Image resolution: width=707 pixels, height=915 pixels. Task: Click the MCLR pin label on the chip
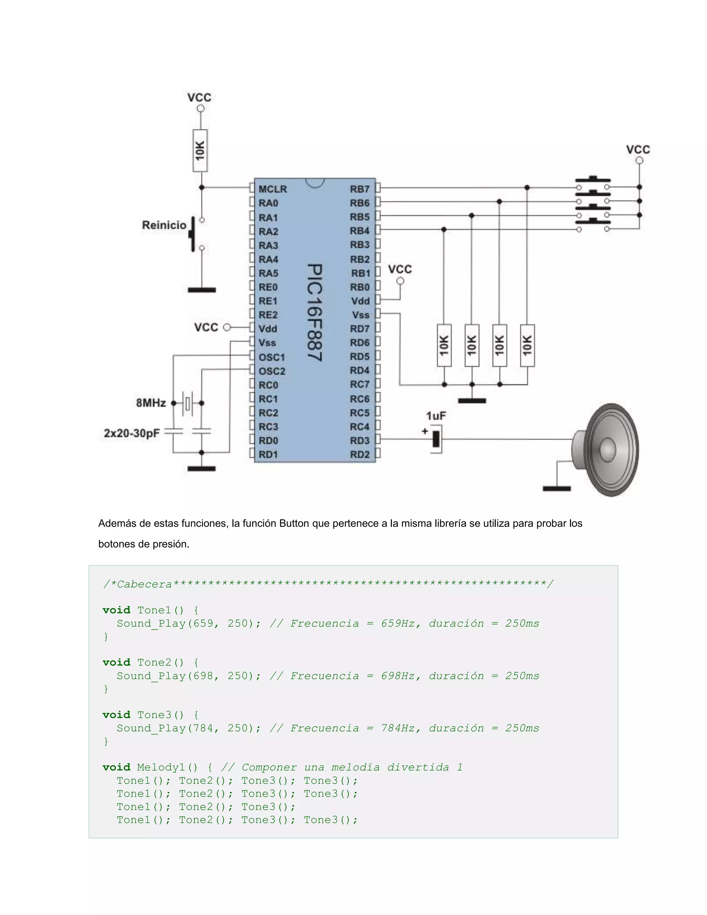[273, 189]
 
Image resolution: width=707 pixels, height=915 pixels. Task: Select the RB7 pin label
[360, 189]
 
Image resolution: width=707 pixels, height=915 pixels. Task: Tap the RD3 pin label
[360, 440]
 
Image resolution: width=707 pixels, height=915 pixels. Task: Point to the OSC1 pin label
[271, 357]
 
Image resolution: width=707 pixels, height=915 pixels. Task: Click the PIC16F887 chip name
[314, 312]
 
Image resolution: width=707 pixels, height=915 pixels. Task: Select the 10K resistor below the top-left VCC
[200, 151]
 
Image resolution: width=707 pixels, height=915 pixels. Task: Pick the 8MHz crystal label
[151, 403]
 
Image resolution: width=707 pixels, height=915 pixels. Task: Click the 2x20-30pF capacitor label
[132, 433]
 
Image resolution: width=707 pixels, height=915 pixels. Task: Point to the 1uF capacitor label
[436, 416]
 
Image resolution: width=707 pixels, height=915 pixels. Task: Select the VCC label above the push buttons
[638, 150]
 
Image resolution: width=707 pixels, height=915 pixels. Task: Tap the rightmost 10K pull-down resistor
[527, 345]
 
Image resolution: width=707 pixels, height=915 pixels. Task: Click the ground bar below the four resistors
[472, 401]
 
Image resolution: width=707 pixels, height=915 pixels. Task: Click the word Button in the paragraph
[294, 523]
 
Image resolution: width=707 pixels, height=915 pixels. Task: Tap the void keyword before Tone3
[116, 715]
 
